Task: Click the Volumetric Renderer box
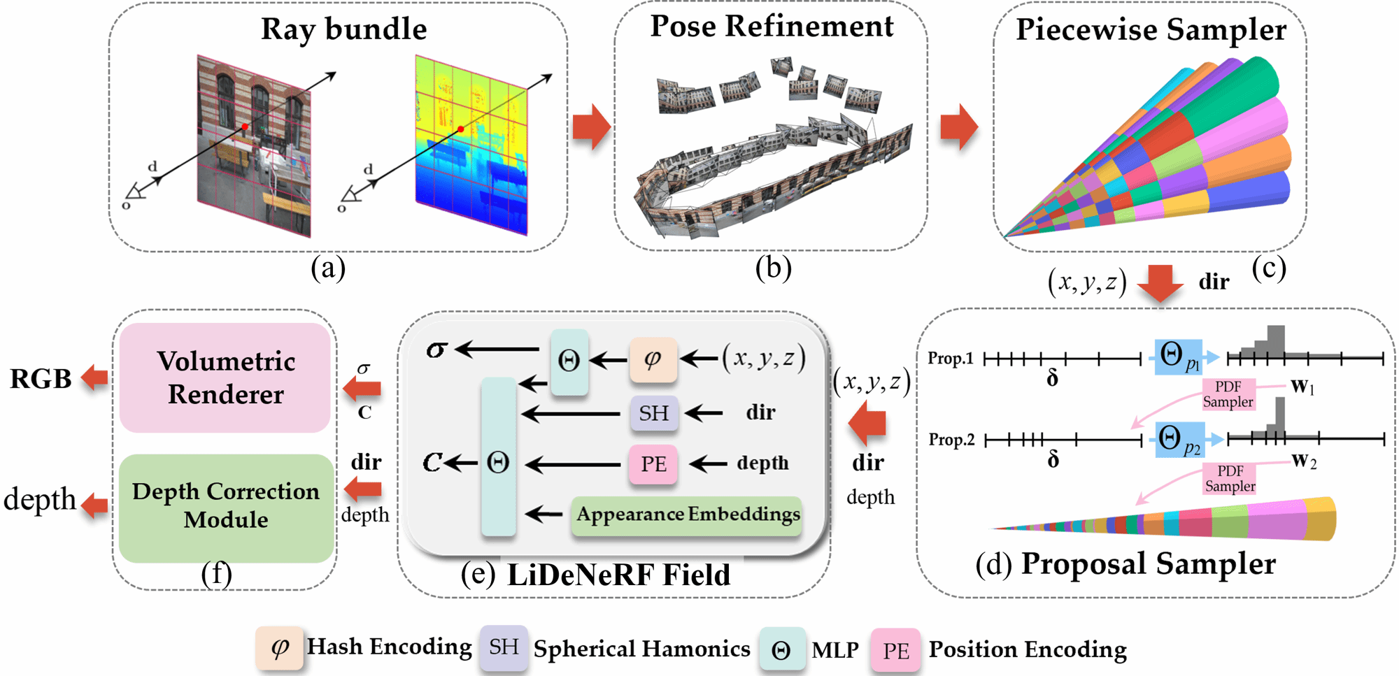225,377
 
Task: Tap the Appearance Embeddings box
687,515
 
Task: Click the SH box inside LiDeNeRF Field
653,413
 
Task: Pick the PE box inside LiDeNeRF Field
653,464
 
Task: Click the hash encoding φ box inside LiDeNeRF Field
653,359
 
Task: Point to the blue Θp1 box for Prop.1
1179,357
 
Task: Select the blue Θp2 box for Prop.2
1179,440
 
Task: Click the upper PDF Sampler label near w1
1228,394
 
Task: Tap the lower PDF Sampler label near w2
1230,479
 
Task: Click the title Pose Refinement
772,27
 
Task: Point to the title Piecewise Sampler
1151,29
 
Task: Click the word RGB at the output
41,379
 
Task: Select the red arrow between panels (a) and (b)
591,127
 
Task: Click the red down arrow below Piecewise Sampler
1160,282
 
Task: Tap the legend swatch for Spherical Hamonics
504,648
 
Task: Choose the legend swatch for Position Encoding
895,650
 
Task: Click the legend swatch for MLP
781,650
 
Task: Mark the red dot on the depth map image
461,129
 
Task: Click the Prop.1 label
951,359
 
